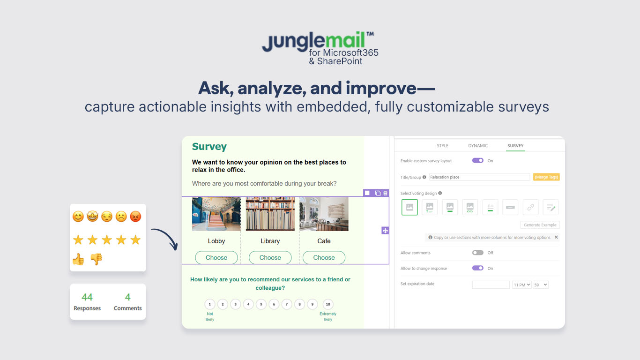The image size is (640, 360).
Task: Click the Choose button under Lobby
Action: (x=216, y=258)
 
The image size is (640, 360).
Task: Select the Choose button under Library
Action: (x=270, y=258)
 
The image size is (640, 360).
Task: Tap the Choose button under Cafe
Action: (x=324, y=258)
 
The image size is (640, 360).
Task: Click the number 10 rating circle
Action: (x=328, y=304)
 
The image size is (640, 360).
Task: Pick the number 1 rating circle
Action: (x=210, y=304)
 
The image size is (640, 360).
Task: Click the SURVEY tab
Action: (x=515, y=146)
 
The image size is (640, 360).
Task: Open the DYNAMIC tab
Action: (x=478, y=146)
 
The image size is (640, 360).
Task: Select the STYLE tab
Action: (x=442, y=146)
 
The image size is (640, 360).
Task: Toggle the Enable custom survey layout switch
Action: (x=478, y=161)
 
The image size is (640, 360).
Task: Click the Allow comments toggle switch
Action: (x=478, y=253)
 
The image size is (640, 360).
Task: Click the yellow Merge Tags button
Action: (x=546, y=177)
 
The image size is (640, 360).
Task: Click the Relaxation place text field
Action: (x=479, y=177)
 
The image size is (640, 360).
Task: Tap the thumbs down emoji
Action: (x=96, y=259)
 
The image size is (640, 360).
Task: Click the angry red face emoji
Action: (x=135, y=217)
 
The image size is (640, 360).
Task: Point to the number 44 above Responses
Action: (x=87, y=297)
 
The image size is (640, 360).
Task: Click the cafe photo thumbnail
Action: (x=324, y=214)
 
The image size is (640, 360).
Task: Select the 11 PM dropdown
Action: (x=521, y=285)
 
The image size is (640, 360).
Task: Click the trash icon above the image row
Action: (x=386, y=193)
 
